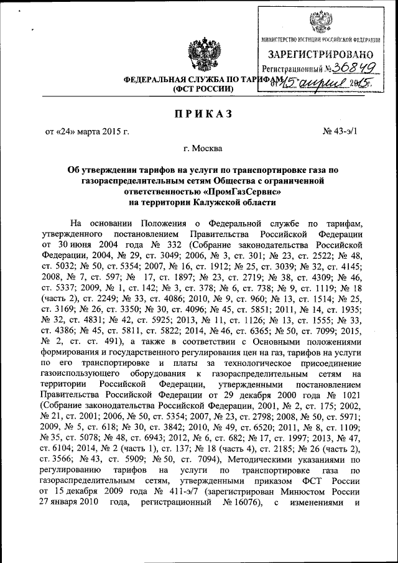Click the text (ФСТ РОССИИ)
coord(202,90)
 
